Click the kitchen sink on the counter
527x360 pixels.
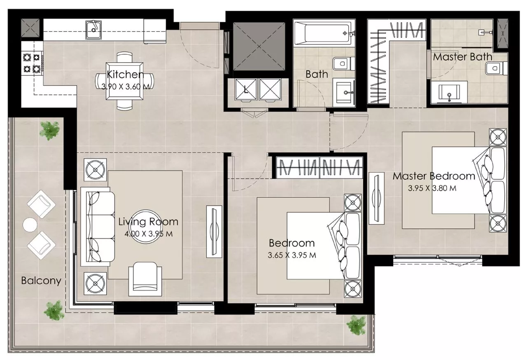tap(93, 30)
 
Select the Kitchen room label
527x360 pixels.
tap(125, 75)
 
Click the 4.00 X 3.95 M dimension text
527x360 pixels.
tap(149, 234)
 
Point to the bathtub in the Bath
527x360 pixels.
tap(324, 33)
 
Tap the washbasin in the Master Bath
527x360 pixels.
tap(449, 93)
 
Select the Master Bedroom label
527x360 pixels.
tap(434, 176)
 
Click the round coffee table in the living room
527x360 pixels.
tap(146, 227)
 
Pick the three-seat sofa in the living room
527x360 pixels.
tap(98, 227)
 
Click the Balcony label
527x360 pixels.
tap(41, 281)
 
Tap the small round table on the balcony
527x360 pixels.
tap(30, 225)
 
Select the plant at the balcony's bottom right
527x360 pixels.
tap(356, 325)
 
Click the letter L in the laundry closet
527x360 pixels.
tap(246, 90)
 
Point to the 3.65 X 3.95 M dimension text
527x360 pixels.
tap(292, 255)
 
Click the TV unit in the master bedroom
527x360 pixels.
tap(376, 199)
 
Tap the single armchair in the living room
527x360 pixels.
tap(145, 278)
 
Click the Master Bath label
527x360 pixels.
tap(462, 57)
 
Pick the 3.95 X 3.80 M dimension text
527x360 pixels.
tap(432, 188)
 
